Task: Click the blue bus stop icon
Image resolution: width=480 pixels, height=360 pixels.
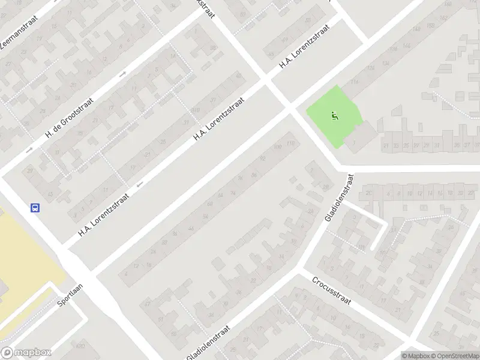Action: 35,208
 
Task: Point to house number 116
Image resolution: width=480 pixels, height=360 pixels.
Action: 355,82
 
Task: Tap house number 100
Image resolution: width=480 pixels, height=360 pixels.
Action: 277,147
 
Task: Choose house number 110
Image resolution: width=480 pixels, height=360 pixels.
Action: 291,143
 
